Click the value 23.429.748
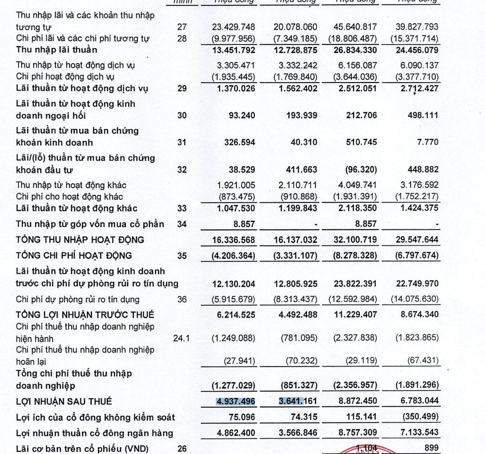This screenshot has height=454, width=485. (233, 27)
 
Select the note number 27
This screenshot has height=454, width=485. (182, 27)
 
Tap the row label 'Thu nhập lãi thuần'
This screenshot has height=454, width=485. (56, 50)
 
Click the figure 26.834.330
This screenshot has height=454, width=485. (355, 50)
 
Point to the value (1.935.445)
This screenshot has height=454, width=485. (233, 77)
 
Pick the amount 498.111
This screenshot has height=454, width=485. (423, 115)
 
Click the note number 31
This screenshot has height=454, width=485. (182, 142)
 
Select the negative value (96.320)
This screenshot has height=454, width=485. (361, 170)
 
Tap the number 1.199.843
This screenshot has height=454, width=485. (298, 208)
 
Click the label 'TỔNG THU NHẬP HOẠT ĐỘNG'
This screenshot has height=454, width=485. (80, 240)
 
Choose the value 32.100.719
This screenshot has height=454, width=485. (355, 240)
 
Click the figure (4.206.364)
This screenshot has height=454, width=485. (233, 256)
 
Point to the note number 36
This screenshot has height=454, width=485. (182, 299)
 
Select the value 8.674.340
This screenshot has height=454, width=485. (419, 315)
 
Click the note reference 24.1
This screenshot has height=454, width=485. (181, 339)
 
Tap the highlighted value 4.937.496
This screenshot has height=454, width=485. (236, 401)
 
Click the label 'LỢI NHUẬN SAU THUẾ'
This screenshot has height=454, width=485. (64, 401)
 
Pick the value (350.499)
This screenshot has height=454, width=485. (420, 417)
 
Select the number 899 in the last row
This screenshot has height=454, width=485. (431, 448)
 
